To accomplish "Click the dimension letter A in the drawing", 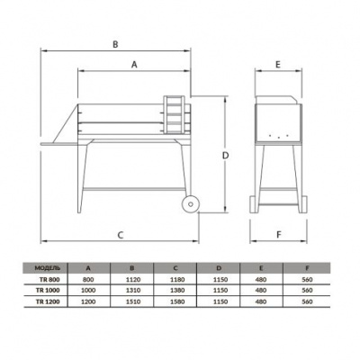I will [x=135, y=65].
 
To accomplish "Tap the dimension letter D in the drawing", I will [x=227, y=155].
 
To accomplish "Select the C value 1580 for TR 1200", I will [x=177, y=302].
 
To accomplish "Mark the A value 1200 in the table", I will [x=87, y=302].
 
